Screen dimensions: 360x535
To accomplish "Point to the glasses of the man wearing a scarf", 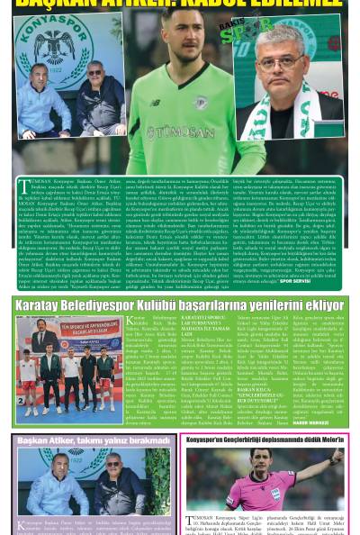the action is coord(285,61).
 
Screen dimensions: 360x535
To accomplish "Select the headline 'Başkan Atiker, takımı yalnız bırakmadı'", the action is coord(94,440).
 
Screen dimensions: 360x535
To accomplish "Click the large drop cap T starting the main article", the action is coord(24,187).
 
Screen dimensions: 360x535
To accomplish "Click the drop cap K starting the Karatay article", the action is coord(130,321).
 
